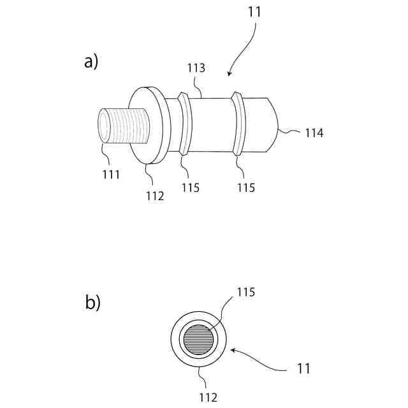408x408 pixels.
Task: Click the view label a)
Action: click(x=91, y=62)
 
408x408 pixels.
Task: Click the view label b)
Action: click(x=93, y=302)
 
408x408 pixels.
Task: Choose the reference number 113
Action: click(x=196, y=68)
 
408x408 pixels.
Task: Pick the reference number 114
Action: click(x=314, y=133)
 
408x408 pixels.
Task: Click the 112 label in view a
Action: click(x=154, y=196)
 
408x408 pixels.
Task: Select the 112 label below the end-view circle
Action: click(x=207, y=398)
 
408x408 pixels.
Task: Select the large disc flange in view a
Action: click(x=150, y=124)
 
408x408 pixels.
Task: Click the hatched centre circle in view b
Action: click(x=198, y=339)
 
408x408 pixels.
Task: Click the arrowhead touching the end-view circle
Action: click(x=232, y=349)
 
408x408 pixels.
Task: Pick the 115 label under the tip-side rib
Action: click(x=245, y=188)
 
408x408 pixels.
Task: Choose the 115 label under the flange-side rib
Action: click(x=190, y=188)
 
